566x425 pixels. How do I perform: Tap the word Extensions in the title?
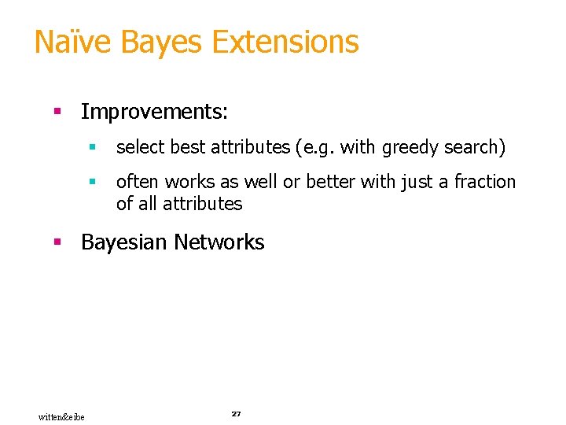coord(286,42)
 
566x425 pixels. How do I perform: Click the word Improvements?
coord(154,113)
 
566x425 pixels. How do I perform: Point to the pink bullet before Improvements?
coord(57,113)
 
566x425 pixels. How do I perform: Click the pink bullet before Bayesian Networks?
coord(57,242)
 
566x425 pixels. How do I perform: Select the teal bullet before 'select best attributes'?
coord(93,147)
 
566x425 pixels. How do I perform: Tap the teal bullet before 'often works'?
coord(93,182)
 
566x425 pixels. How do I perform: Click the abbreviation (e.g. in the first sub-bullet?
coord(317,147)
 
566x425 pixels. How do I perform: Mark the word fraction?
coord(485,182)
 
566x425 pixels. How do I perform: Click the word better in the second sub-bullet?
coord(331,182)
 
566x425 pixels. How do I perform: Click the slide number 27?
coord(236,413)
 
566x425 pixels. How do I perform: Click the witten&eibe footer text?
coord(62,416)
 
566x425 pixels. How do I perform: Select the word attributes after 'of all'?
coord(203,204)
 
